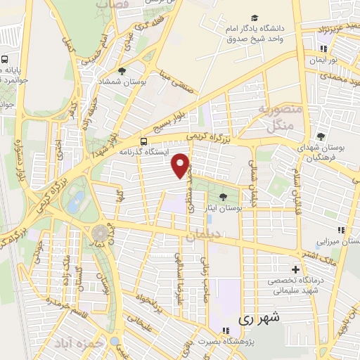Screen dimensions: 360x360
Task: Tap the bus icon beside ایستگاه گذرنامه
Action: click(144, 141)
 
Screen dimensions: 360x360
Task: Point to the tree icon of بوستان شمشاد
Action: click(122, 71)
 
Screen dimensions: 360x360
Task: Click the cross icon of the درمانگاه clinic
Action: click(295, 269)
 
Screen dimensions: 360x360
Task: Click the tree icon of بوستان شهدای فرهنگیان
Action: click(321, 136)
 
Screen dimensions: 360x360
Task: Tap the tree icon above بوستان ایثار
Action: click(224, 196)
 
